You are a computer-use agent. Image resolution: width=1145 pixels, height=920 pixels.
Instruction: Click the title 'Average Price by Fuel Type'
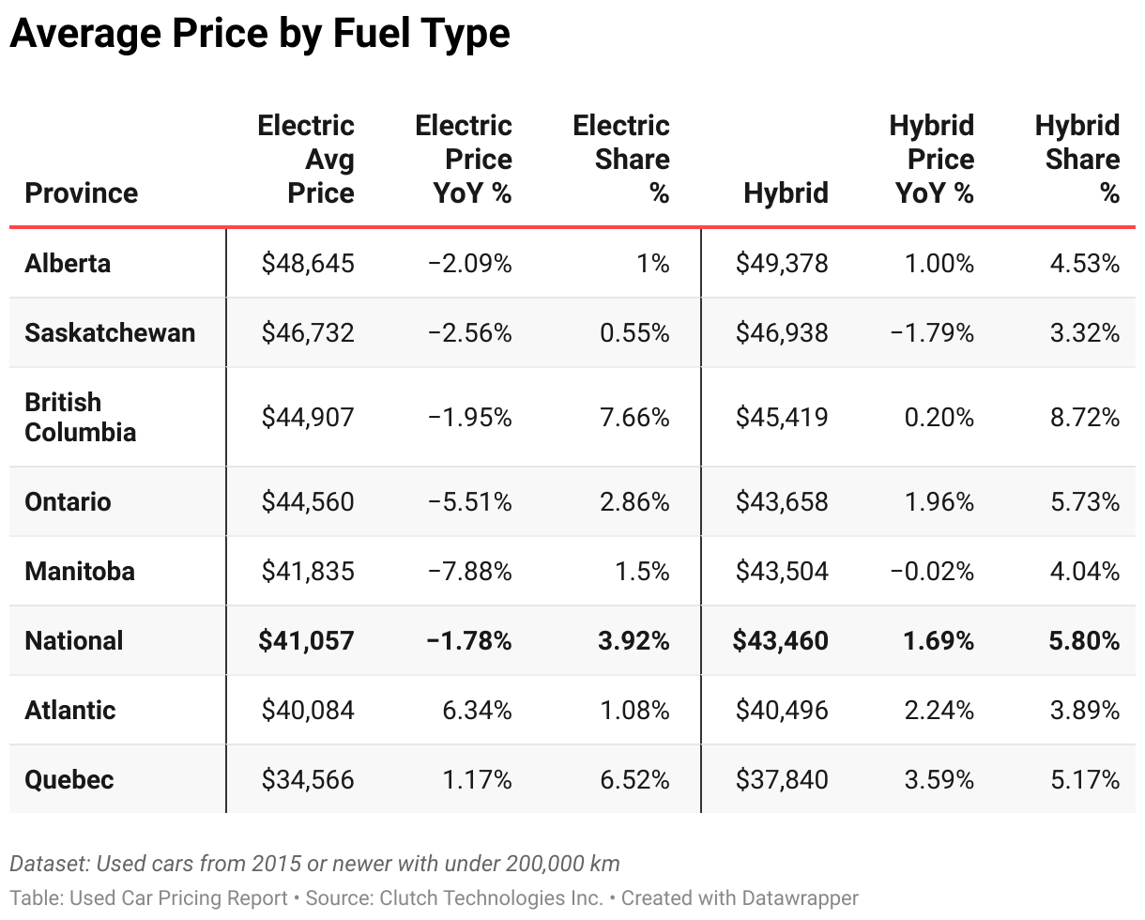pyautogui.click(x=260, y=34)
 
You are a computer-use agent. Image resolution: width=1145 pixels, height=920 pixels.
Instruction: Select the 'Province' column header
pyautogui.click(x=82, y=192)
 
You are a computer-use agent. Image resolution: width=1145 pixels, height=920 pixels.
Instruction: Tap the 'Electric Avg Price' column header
pyautogui.click(x=306, y=160)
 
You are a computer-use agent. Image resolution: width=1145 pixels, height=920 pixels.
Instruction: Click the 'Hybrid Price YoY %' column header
pyautogui.click(x=932, y=160)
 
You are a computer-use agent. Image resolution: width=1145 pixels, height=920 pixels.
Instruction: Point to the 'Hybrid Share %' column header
pyautogui.click(x=1077, y=160)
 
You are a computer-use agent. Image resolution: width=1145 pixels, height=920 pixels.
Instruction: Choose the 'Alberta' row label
pyautogui.click(x=68, y=263)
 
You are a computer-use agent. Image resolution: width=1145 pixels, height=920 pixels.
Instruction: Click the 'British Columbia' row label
pyautogui.click(x=81, y=417)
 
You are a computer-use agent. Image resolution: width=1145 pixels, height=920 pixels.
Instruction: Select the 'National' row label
pyautogui.click(x=74, y=640)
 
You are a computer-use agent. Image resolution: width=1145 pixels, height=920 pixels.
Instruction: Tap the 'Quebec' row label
pyautogui.click(x=69, y=779)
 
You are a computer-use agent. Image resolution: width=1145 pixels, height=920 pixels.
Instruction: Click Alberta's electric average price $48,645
pyautogui.click(x=308, y=263)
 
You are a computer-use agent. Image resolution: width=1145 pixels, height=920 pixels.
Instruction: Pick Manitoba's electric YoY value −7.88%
pyautogui.click(x=469, y=571)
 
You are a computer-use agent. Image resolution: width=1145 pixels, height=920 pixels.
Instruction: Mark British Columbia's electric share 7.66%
pyautogui.click(x=634, y=417)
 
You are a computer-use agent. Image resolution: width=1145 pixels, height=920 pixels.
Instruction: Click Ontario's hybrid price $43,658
pyautogui.click(x=782, y=501)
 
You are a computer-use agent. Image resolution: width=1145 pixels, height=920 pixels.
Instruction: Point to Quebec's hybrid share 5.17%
pyautogui.click(x=1084, y=779)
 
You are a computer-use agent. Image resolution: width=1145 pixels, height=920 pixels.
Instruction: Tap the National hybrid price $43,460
pyautogui.click(x=781, y=640)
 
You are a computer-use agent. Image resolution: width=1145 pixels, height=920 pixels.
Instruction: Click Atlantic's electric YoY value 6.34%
pyautogui.click(x=477, y=710)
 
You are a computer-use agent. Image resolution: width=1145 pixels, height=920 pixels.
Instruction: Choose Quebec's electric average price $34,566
pyautogui.click(x=308, y=779)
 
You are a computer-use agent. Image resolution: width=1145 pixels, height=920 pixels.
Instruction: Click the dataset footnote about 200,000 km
pyautogui.click(x=314, y=863)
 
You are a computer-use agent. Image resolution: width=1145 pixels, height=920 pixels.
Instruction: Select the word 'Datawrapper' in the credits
pyautogui.click(x=801, y=898)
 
